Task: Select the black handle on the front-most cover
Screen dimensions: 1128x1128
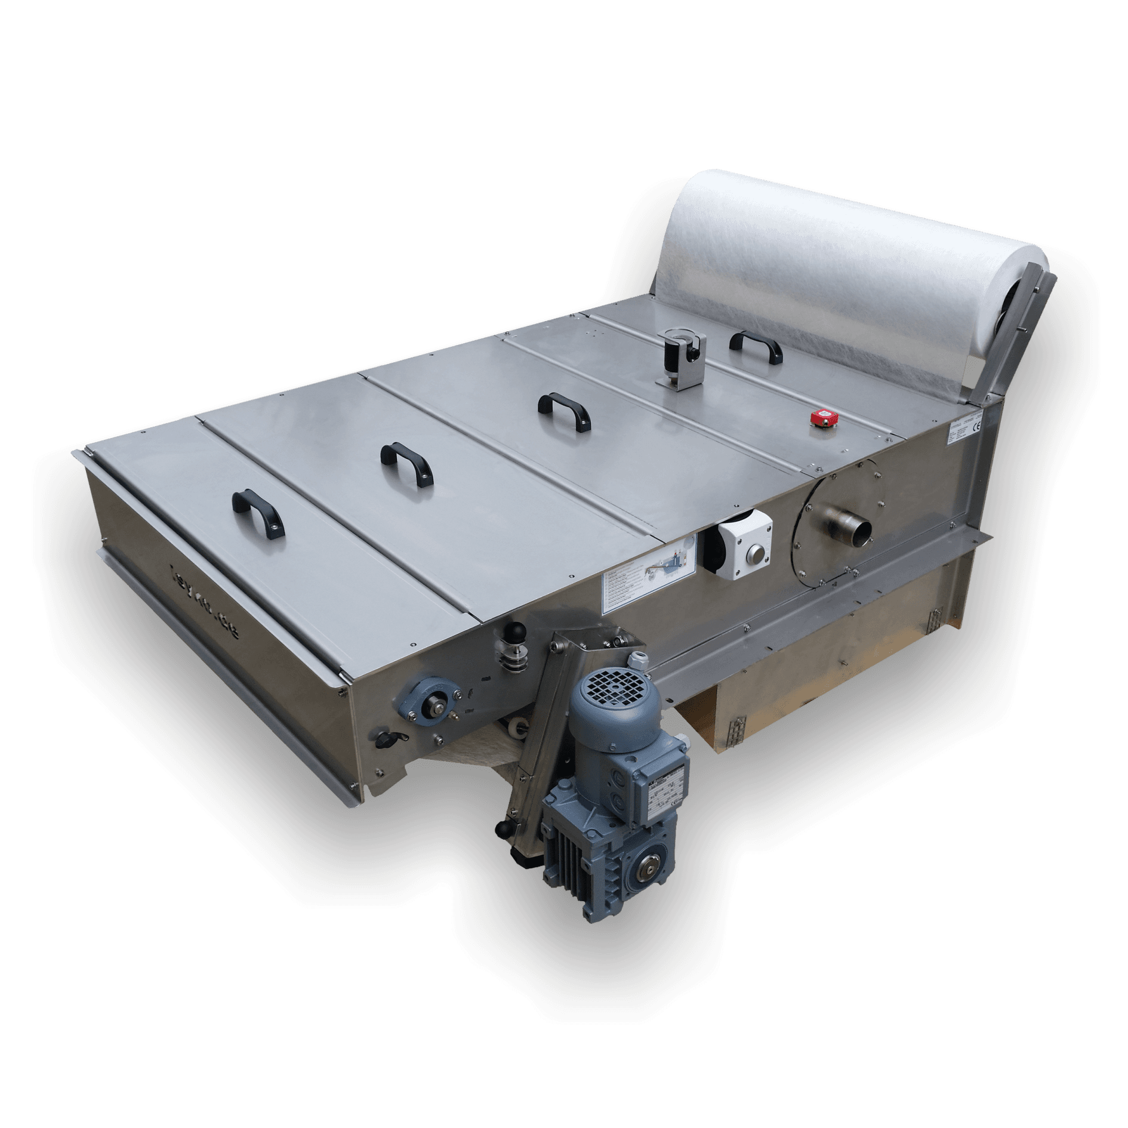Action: point(258,513)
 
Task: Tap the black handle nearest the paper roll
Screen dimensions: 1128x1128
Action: point(754,346)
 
